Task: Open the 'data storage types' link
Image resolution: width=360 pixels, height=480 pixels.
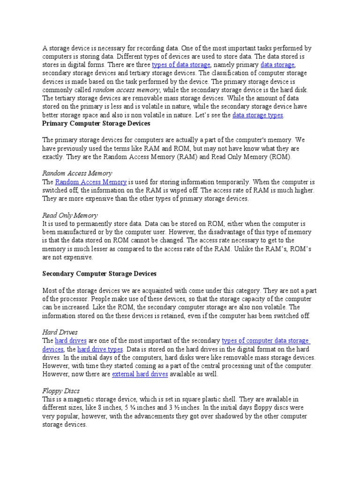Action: [258, 115]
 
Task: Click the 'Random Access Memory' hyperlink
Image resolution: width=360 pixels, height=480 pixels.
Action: [91, 182]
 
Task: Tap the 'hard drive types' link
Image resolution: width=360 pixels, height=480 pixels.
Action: [100, 349]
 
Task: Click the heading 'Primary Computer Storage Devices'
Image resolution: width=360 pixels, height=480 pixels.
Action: [96, 124]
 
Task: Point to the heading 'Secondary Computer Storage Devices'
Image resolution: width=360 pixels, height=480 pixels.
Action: [99, 273]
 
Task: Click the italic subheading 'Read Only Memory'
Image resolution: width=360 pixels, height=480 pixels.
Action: [70, 215]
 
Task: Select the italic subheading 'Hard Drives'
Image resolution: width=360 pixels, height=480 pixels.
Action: [60, 332]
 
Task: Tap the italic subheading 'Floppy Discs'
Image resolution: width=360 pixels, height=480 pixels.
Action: [61, 390]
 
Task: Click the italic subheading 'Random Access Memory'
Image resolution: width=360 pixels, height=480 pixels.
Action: [77, 173]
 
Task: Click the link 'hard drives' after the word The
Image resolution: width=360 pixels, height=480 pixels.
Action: [71, 341]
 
